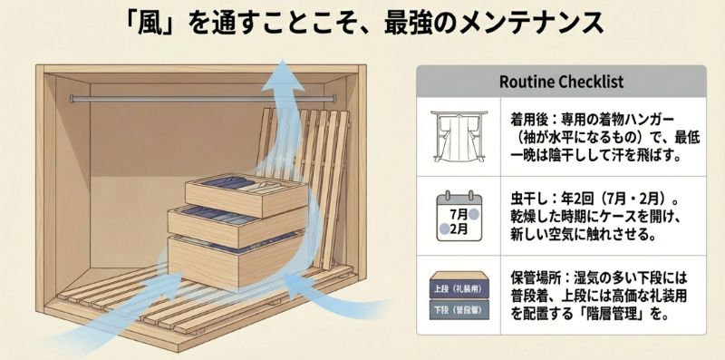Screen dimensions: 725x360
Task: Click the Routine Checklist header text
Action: click(561, 82)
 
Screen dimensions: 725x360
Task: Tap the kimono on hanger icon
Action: click(456, 137)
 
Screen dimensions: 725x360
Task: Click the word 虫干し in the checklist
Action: click(526, 197)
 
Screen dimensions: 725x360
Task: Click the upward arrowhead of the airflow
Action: click(287, 70)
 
